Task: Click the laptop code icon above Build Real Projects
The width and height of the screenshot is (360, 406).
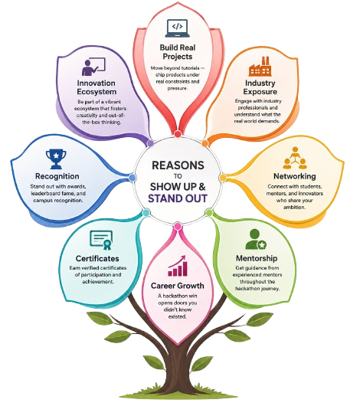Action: click(178, 28)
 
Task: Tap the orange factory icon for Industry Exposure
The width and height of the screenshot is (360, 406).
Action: click(260, 67)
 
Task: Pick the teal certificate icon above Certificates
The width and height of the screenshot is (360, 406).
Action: click(101, 240)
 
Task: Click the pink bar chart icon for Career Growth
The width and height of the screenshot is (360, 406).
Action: click(178, 266)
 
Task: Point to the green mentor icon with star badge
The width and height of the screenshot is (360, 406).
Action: click(256, 240)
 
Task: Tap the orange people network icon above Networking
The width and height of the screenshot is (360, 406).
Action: click(295, 158)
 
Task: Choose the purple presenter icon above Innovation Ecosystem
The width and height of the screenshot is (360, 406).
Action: click(93, 67)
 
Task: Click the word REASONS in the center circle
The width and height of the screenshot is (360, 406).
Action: click(178, 165)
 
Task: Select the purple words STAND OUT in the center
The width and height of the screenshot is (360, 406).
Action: click(178, 198)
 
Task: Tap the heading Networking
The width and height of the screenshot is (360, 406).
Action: click(295, 176)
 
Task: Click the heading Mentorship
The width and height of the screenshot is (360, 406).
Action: click(257, 258)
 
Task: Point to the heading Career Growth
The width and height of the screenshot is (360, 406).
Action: click(178, 286)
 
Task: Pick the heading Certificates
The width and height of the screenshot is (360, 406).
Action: click(97, 258)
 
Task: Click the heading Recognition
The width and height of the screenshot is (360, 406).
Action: click(57, 176)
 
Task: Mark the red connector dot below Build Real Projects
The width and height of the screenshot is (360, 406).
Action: click(178, 134)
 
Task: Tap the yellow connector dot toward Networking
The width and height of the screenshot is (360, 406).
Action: click(223, 178)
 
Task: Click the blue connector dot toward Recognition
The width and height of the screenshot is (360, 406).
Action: click(133, 178)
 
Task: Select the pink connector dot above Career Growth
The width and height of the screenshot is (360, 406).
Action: click(178, 227)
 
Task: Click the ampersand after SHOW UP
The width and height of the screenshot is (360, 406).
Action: click(202, 186)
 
